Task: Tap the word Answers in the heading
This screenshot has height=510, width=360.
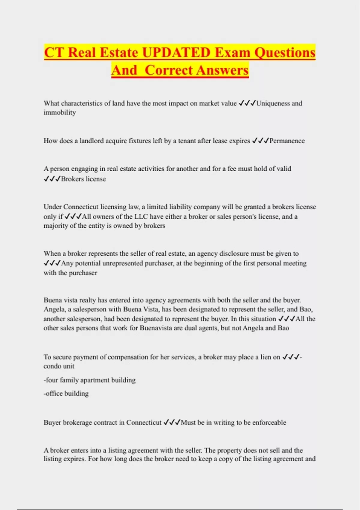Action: point(223,70)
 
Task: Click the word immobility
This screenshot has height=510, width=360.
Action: point(60,112)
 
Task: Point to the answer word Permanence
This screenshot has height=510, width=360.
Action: point(287,141)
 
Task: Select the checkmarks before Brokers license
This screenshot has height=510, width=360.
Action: point(52,179)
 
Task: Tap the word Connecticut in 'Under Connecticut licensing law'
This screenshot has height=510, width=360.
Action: point(81,207)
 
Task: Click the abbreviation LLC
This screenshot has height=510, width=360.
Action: point(141,216)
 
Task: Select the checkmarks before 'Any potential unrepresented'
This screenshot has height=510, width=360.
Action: point(52,263)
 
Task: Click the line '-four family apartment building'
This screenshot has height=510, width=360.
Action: point(89,380)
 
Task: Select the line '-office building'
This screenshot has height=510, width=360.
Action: point(66,393)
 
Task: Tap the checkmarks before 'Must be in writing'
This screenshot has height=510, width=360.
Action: point(172,422)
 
